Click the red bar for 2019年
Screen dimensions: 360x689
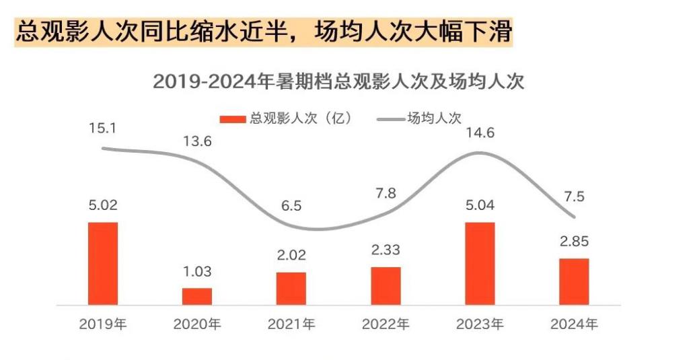[x=103, y=263]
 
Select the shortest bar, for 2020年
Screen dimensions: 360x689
[x=197, y=296]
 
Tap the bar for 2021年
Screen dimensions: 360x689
[x=291, y=288]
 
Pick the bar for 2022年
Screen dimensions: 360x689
[x=386, y=285]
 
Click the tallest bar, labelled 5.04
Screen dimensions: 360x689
[x=480, y=263]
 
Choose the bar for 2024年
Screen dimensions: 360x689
[x=574, y=281]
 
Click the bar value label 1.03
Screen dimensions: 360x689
[x=197, y=272]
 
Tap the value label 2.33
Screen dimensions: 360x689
[x=386, y=250]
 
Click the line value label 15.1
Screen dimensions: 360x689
[x=102, y=127]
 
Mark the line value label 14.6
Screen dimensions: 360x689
[x=480, y=133]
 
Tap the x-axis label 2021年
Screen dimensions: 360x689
[x=291, y=324]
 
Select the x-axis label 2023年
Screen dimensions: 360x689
[x=480, y=324]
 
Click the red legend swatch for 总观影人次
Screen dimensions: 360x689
[x=233, y=118]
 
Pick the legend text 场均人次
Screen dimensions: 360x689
[x=434, y=118]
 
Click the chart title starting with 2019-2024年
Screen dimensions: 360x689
[x=338, y=81]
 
